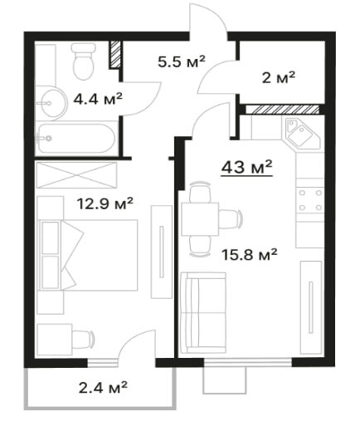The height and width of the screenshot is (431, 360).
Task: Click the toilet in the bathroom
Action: (x=83, y=61)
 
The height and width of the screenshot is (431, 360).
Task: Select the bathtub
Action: (x=76, y=139)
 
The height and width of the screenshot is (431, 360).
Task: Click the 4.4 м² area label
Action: (x=98, y=99)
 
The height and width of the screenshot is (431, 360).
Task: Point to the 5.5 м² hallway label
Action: (x=182, y=61)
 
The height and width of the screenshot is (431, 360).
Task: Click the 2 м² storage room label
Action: (x=279, y=77)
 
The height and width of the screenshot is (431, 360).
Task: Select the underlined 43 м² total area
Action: (x=247, y=167)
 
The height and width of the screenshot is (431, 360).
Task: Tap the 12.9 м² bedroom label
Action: (x=105, y=203)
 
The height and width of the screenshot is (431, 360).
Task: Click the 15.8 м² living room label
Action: (x=250, y=255)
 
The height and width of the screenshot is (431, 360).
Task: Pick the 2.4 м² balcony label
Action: (x=103, y=387)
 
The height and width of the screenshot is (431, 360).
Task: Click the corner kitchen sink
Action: (x=302, y=133)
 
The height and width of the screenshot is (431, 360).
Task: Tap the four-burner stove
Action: (x=310, y=200)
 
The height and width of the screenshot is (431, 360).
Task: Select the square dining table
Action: (x=200, y=219)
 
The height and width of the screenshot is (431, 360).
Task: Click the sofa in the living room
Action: (x=203, y=312)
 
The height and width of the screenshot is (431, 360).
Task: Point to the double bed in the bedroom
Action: (x=89, y=255)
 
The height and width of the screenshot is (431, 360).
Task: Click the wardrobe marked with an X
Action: (x=76, y=175)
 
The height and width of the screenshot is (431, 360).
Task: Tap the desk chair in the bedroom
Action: (x=83, y=339)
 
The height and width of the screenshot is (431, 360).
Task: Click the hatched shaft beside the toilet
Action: (x=115, y=54)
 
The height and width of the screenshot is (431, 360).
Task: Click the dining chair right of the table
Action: (x=231, y=219)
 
